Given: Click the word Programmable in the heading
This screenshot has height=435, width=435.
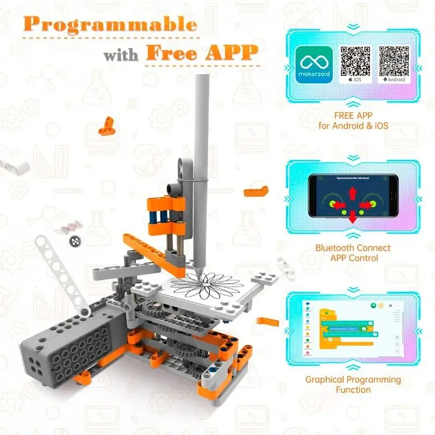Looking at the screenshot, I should pyautogui.click(x=110, y=24).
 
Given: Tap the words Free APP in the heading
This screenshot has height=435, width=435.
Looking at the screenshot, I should pyautogui.click(x=201, y=53).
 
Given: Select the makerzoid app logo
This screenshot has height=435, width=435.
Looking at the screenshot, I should pyautogui.click(x=314, y=64).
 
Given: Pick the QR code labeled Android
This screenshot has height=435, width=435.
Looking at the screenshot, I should pyautogui.click(x=394, y=61).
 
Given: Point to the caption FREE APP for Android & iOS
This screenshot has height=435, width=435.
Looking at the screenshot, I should pyautogui.click(x=353, y=121).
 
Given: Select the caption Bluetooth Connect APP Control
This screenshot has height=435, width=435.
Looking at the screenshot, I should pyautogui.click(x=353, y=252).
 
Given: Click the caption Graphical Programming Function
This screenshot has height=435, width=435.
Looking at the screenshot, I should pyautogui.click(x=353, y=384).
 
